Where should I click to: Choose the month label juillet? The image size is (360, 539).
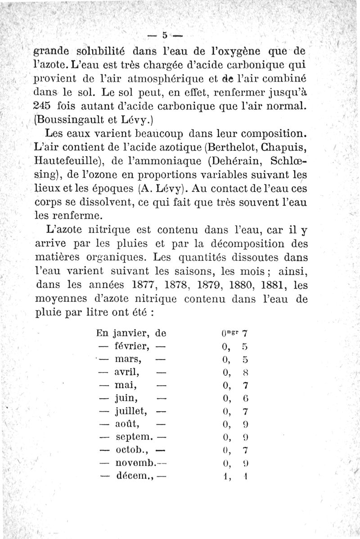133,411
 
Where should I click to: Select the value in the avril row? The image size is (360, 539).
234,372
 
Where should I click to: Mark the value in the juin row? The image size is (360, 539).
234,398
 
